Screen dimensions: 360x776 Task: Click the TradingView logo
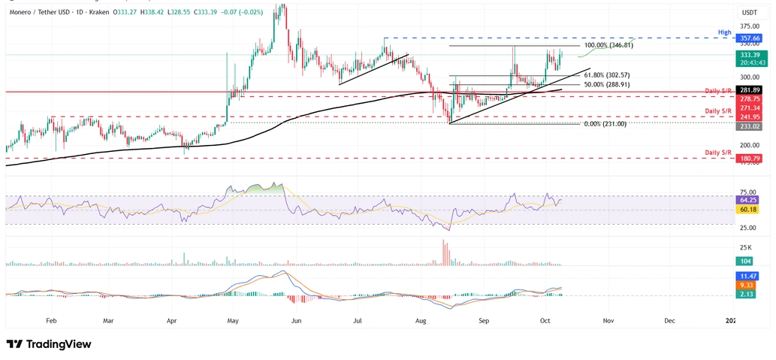(x=49, y=344)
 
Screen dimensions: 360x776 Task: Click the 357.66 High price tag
(x=749, y=38)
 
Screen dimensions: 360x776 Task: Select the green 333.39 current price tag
(x=749, y=55)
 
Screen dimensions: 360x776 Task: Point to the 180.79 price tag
(x=749, y=159)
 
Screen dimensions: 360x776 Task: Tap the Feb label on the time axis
(x=51, y=320)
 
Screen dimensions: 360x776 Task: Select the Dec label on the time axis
(x=669, y=320)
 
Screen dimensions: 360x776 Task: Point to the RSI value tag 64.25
(x=748, y=201)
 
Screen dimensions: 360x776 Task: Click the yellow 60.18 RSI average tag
(x=748, y=210)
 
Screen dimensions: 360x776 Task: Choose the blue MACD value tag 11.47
(x=748, y=277)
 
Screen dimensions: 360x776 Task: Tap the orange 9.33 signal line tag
(x=748, y=286)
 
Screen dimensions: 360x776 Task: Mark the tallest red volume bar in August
(x=443, y=253)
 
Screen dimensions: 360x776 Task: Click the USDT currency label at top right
(x=749, y=13)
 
